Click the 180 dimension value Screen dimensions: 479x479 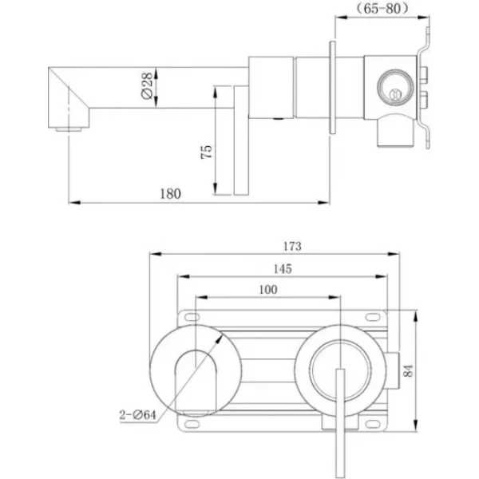[x=171, y=194]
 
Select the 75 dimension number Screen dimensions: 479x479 [x=206, y=152]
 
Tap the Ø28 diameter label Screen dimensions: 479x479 [x=147, y=85]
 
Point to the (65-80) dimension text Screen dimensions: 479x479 [x=382, y=8]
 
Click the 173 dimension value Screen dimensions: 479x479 [x=292, y=246]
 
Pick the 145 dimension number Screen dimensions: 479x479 [x=283, y=269]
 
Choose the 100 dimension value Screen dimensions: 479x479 [x=268, y=289]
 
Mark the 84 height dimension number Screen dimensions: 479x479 [x=409, y=370]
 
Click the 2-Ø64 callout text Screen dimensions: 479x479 [x=137, y=415]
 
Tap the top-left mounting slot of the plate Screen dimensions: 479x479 [x=192, y=318]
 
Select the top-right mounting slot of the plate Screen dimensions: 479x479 [x=373, y=318]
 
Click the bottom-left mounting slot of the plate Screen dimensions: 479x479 [x=192, y=425]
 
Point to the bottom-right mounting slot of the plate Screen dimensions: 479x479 [x=373, y=425]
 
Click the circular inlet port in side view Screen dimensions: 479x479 [x=396, y=88]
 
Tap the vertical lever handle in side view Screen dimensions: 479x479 [x=241, y=141]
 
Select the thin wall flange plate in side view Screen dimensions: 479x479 [x=333, y=87]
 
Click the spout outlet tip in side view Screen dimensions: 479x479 [x=69, y=129]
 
